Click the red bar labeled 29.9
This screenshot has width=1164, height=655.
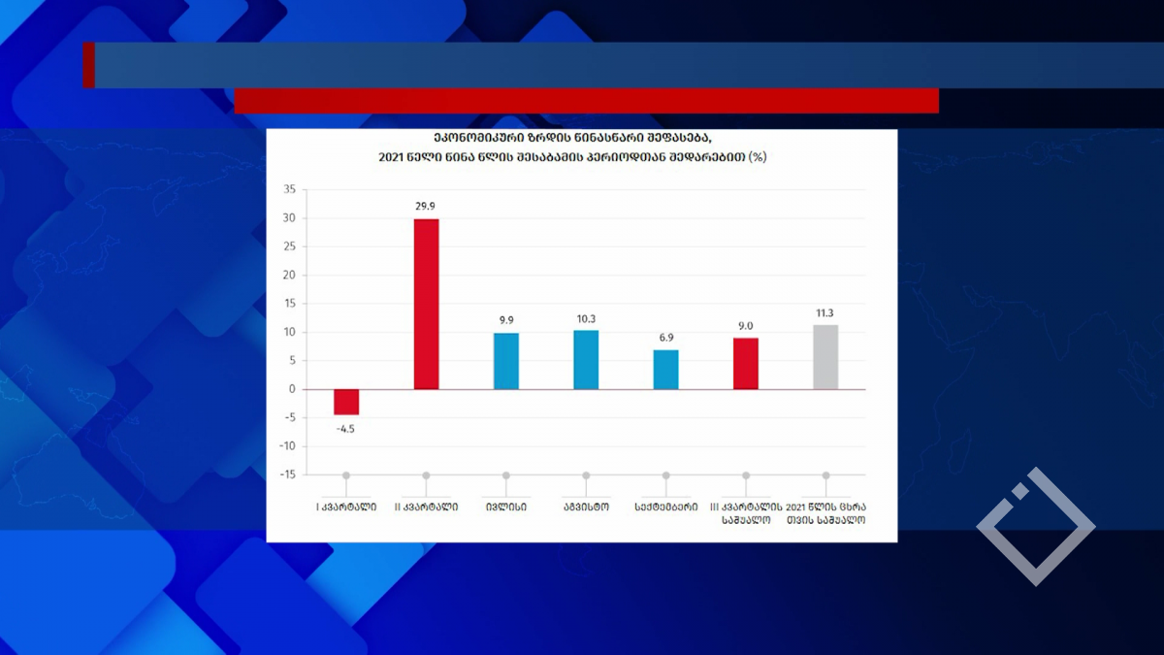(x=426, y=304)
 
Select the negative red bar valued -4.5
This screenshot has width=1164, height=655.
(x=346, y=402)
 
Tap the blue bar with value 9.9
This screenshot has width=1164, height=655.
(x=505, y=361)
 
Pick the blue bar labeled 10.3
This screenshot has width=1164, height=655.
(x=586, y=360)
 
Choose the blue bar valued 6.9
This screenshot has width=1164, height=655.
(x=665, y=370)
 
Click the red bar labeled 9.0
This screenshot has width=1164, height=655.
(x=745, y=364)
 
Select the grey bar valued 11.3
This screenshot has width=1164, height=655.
(x=825, y=357)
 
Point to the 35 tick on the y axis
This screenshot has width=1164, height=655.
(x=288, y=189)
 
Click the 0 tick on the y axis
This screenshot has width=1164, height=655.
(x=291, y=389)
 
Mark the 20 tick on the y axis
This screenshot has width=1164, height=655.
(x=288, y=275)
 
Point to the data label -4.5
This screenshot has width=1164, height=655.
(x=346, y=428)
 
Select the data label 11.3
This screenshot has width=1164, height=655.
(x=825, y=313)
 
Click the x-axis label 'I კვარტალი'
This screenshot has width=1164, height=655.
(x=346, y=506)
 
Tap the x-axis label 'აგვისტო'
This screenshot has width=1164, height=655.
(x=586, y=506)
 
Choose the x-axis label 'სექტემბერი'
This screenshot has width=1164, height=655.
(x=665, y=506)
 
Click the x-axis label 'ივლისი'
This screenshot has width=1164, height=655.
(x=505, y=506)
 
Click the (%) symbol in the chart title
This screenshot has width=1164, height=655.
(x=757, y=156)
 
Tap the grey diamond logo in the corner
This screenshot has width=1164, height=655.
(x=1035, y=526)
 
